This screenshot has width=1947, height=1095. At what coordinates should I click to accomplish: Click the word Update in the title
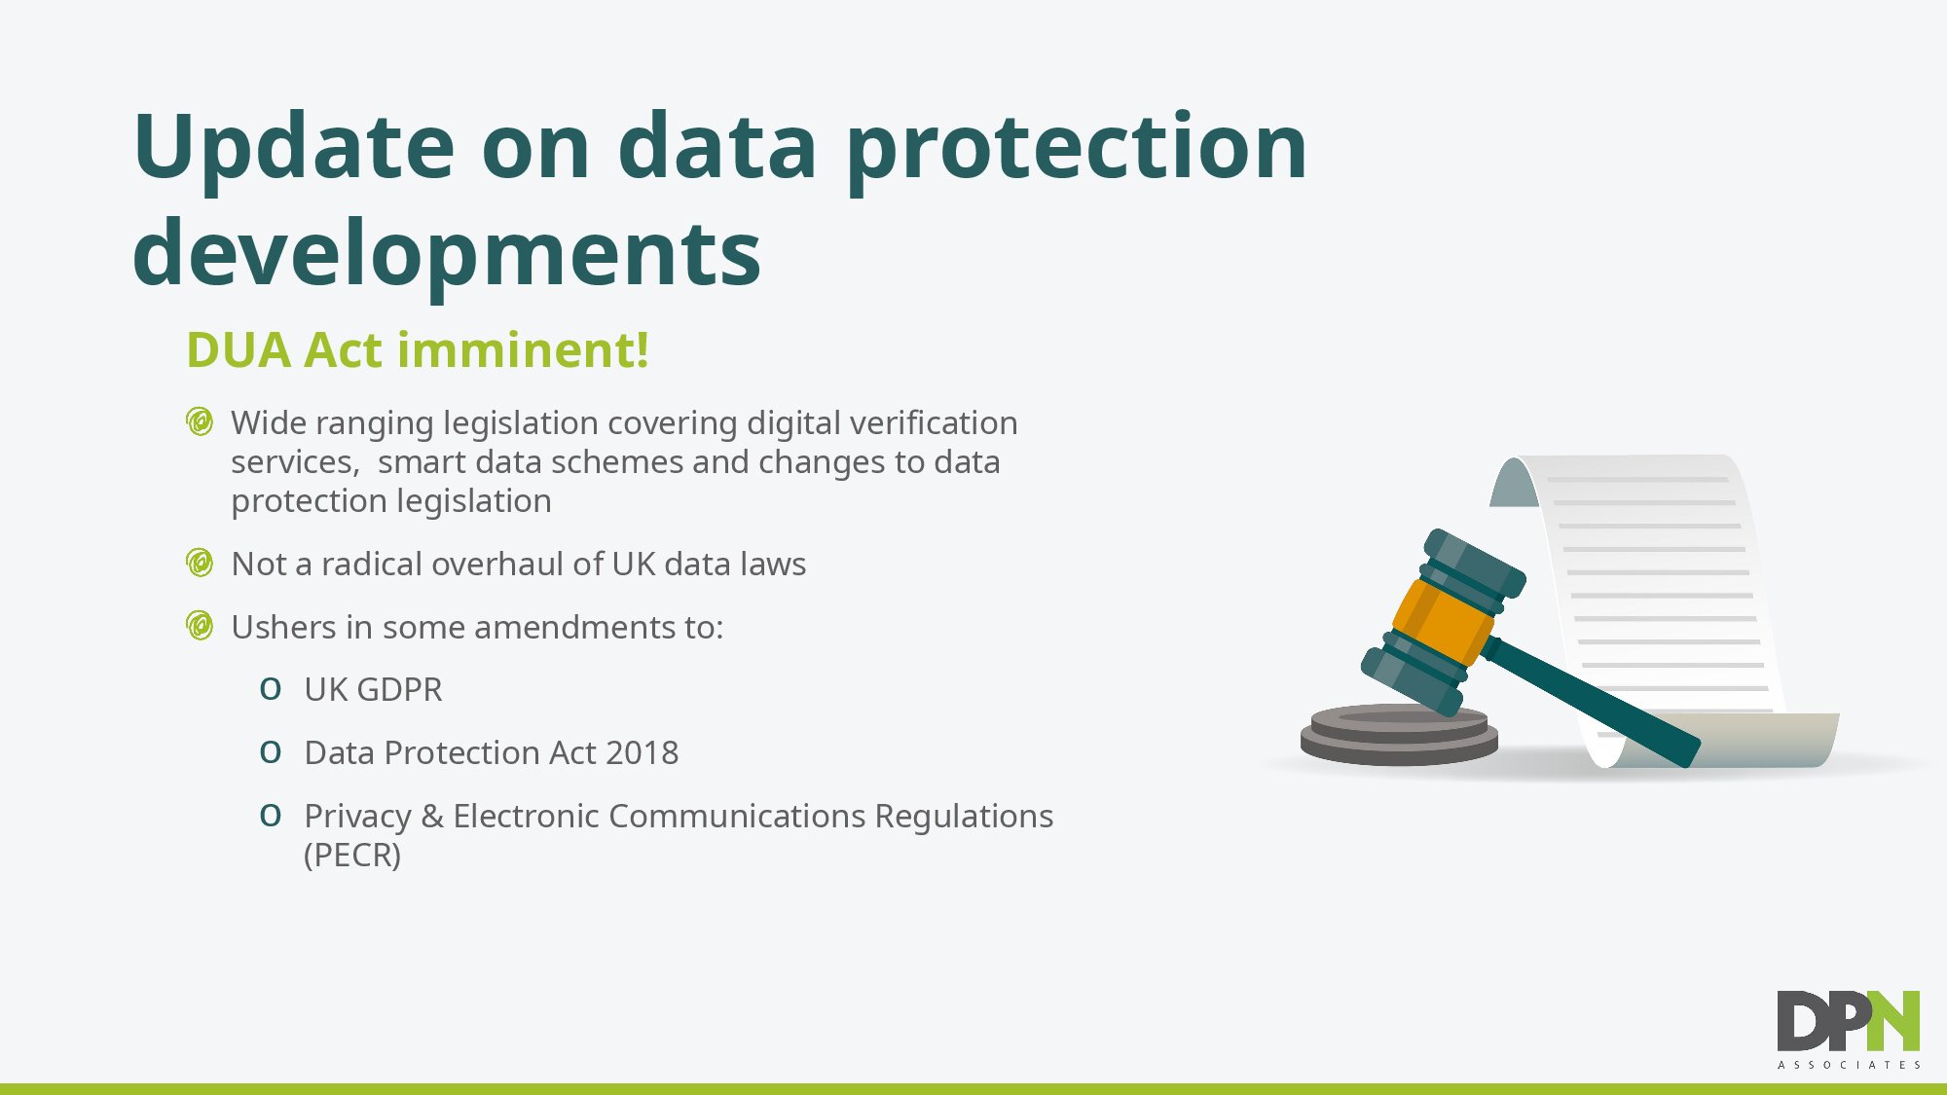(x=294, y=147)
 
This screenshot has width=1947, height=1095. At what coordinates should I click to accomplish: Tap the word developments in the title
(x=447, y=254)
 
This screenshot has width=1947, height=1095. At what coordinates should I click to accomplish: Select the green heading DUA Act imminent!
(x=418, y=349)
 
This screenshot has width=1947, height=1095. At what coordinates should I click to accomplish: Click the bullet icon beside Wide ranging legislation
(x=200, y=422)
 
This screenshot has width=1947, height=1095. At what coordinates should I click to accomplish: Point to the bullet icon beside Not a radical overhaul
(x=200, y=564)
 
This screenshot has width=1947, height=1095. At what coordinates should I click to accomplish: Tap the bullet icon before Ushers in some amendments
(x=200, y=626)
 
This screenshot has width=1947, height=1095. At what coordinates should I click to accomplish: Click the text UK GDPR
(x=373, y=689)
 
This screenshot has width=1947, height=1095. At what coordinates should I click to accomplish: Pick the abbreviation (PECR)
(x=352, y=855)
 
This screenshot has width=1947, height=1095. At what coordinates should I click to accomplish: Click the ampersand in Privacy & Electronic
(x=432, y=816)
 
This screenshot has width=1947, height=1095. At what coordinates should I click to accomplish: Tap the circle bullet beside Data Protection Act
(x=271, y=752)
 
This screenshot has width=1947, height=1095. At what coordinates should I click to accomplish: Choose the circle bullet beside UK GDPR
(x=271, y=689)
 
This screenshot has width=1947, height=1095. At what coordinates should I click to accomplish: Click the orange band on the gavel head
(x=1442, y=620)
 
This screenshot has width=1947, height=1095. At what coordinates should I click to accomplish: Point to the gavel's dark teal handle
(x=1590, y=700)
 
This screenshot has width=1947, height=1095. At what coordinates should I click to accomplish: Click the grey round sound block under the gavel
(x=1399, y=735)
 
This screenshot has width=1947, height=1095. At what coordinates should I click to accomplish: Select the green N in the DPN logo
(x=1892, y=1021)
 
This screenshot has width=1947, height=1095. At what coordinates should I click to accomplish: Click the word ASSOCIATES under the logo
(x=1849, y=1065)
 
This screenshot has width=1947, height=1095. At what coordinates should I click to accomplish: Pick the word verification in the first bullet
(x=934, y=422)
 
